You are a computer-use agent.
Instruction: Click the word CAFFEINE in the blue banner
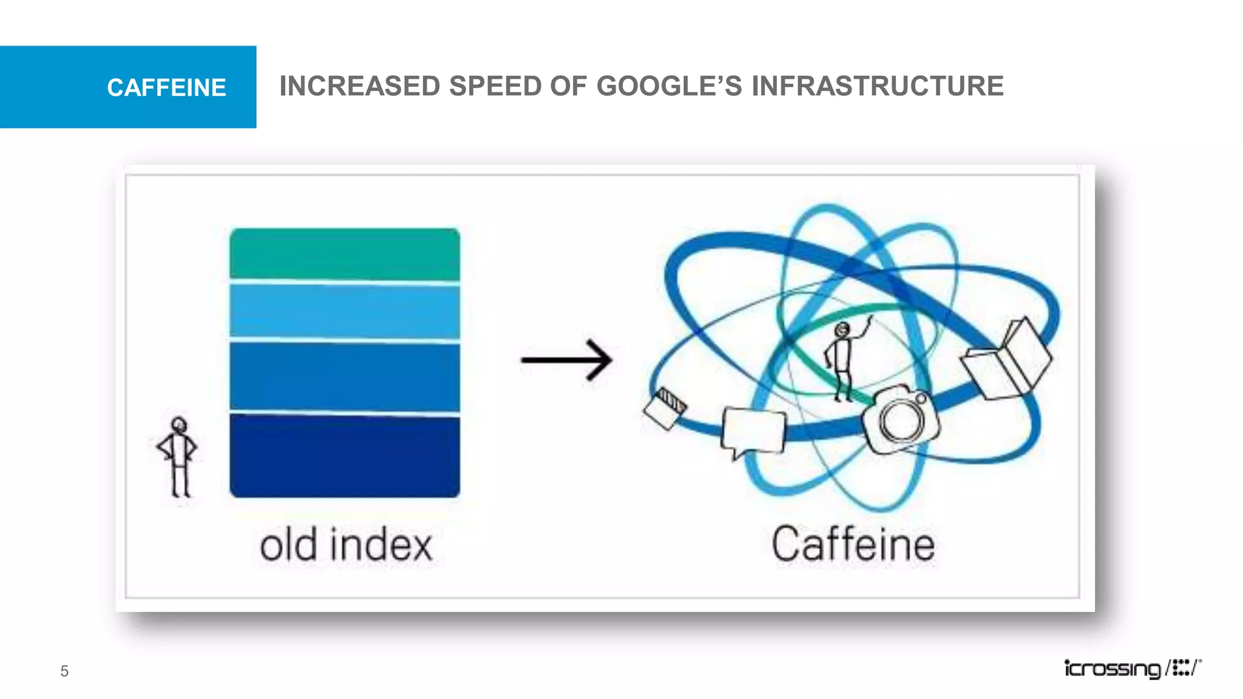[166, 88]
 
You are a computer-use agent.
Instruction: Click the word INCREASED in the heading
[359, 86]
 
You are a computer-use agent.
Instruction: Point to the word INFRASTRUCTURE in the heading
[877, 86]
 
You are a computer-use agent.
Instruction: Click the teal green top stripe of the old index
[344, 254]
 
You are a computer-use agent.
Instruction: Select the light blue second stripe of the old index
[344, 310]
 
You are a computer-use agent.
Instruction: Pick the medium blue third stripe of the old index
[344, 376]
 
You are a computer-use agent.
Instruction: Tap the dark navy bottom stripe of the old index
[344, 456]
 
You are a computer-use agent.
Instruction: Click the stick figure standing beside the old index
[177, 456]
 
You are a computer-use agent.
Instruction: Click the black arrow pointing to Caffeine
[566, 360]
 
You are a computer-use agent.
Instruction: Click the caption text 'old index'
[346, 545]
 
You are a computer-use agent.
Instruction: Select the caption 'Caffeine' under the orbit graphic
[853, 544]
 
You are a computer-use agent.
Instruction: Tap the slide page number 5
[64, 671]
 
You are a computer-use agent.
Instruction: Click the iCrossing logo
[1133, 669]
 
